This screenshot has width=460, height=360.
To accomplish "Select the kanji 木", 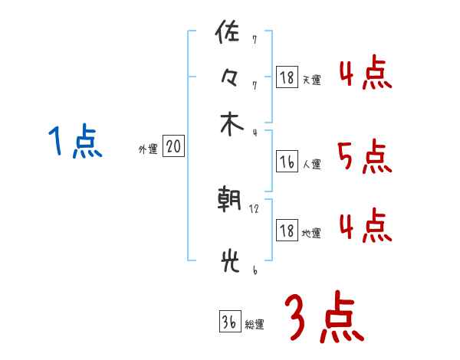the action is [x=228, y=126].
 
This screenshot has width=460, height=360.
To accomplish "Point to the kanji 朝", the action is [x=228, y=201].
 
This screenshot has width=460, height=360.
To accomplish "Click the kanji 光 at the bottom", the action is [x=228, y=262].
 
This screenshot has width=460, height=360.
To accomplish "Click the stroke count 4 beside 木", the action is [x=254, y=133].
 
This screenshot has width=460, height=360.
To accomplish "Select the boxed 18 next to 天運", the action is [x=287, y=77].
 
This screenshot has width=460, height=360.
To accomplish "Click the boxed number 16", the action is [x=287, y=162].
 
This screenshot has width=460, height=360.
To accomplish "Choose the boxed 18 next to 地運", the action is [x=287, y=231].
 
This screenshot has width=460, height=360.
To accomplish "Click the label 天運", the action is [x=311, y=80].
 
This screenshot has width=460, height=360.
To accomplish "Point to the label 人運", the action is [x=311, y=164].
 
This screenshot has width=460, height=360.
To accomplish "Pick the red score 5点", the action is [x=364, y=158].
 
